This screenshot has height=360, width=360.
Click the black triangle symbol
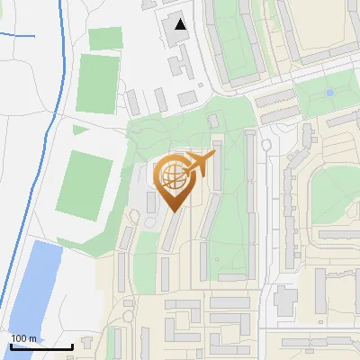(x=182, y=24)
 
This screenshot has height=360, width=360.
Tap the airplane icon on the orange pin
(x=198, y=164)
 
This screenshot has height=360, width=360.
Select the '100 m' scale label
(x=23, y=338)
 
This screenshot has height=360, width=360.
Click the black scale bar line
(x=41, y=346)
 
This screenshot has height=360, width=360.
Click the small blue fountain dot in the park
(x=330, y=93)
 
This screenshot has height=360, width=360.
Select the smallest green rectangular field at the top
(x=105, y=38)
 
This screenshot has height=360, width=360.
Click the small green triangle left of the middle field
(x=79, y=130)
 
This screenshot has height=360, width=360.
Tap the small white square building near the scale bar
(x=87, y=343)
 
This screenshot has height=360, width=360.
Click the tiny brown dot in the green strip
(x=265, y=144)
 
